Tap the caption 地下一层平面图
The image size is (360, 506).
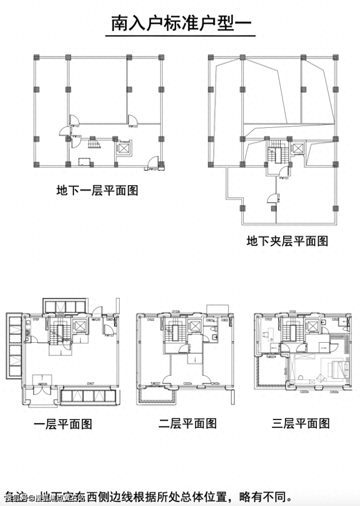point(97,190)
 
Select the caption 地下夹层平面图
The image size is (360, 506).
point(287,241)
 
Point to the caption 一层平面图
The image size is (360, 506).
point(63,424)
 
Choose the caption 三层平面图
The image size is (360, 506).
point(301,423)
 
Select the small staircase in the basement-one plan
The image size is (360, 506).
point(92,144)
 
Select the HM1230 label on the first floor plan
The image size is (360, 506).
point(95,319)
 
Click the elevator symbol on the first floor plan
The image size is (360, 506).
point(79,326)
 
